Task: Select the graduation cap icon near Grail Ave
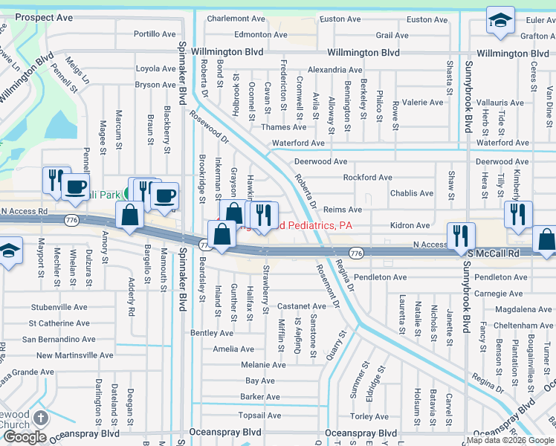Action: point(500,22)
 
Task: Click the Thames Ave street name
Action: point(283,127)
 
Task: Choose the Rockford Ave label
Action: point(367,178)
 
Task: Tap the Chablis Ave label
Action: point(412,193)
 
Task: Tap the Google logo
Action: point(24,437)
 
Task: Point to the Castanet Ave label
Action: point(301,306)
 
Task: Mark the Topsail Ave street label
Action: point(261,416)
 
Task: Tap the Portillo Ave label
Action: point(155,34)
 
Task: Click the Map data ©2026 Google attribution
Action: point(510,440)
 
